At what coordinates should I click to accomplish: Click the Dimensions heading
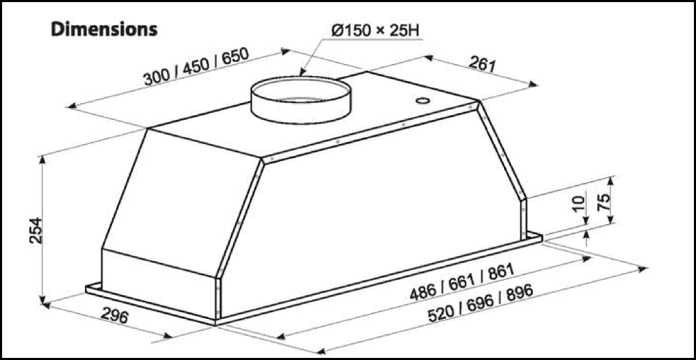pyautogui.click(x=104, y=29)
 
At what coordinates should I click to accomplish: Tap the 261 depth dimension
pyautogui.click(x=481, y=65)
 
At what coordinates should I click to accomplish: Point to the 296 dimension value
pyautogui.click(x=114, y=317)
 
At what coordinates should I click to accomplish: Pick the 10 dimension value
pyautogui.click(x=578, y=203)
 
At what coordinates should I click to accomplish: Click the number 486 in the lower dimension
pyautogui.click(x=422, y=291)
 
